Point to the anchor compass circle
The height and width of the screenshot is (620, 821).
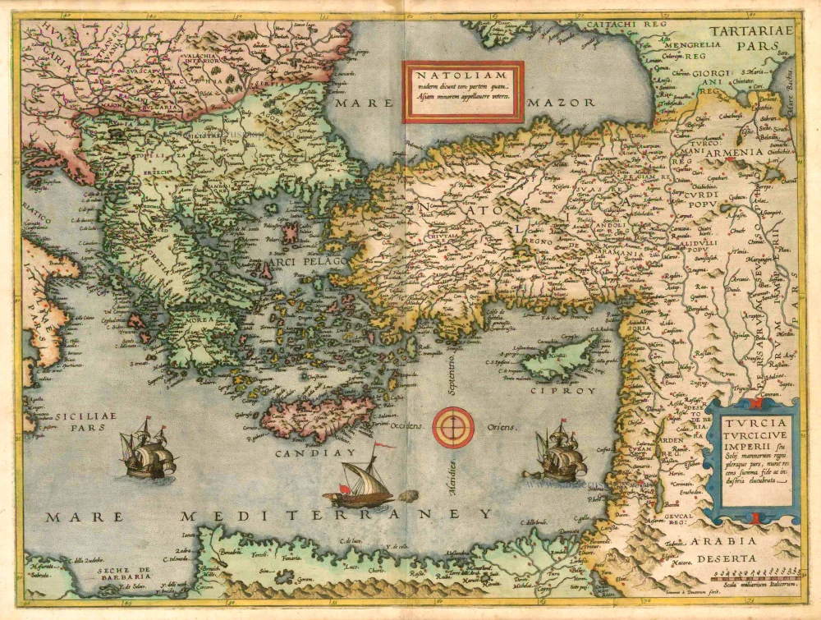pyautogui.click(x=454, y=427)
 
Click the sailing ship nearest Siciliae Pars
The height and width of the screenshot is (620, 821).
pyautogui.click(x=148, y=449)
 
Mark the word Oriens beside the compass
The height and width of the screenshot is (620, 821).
pyautogui.click(x=502, y=428)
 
